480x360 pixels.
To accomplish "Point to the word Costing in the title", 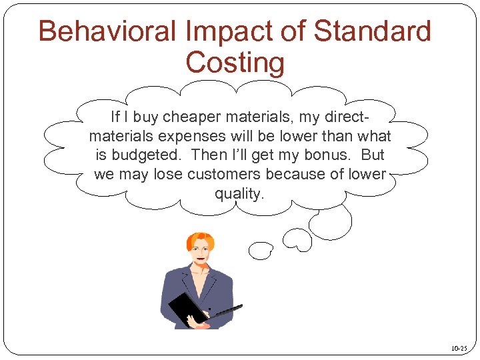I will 235,63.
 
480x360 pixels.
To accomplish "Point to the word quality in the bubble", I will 239,194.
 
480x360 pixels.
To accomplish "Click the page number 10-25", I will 459,348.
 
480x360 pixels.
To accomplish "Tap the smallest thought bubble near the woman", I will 260,251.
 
